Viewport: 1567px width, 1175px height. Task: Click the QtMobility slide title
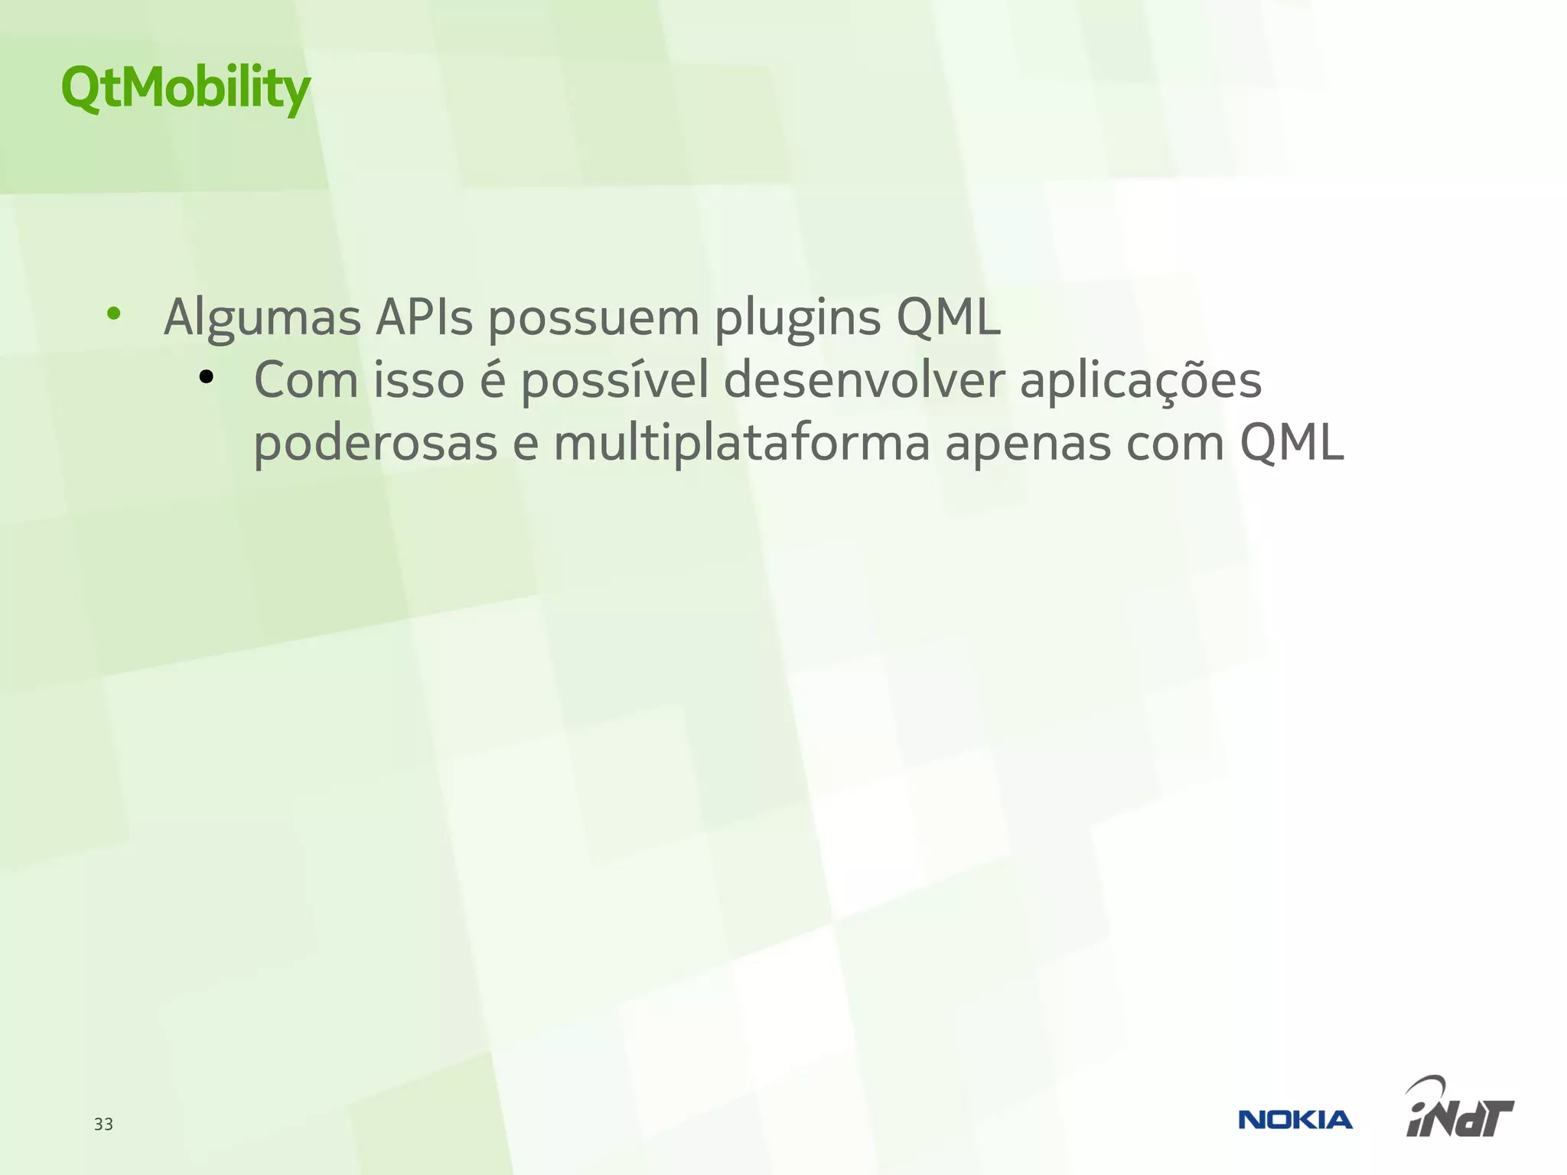point(185,87)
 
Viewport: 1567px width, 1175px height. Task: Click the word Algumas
point(262,317)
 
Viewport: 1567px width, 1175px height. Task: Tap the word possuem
point(594,317)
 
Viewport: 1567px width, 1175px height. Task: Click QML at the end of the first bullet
point(948,317)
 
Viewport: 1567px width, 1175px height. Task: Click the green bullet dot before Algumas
point(114,313)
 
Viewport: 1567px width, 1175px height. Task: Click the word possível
point(614,380)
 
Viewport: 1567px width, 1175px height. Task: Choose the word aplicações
point(1140,380)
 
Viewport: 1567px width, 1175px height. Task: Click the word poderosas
point(375,444)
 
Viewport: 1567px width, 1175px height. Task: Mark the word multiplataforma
point(741,444)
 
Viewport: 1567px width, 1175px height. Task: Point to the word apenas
point(1028,444)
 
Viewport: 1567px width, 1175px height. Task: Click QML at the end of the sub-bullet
point(1292,444)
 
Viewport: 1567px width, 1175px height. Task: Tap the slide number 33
point(103,1124)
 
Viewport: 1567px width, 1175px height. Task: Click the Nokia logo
point(1295,1120)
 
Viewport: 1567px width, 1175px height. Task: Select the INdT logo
point(1459,1108)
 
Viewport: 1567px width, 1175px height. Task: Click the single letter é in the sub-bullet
point(493,380)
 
